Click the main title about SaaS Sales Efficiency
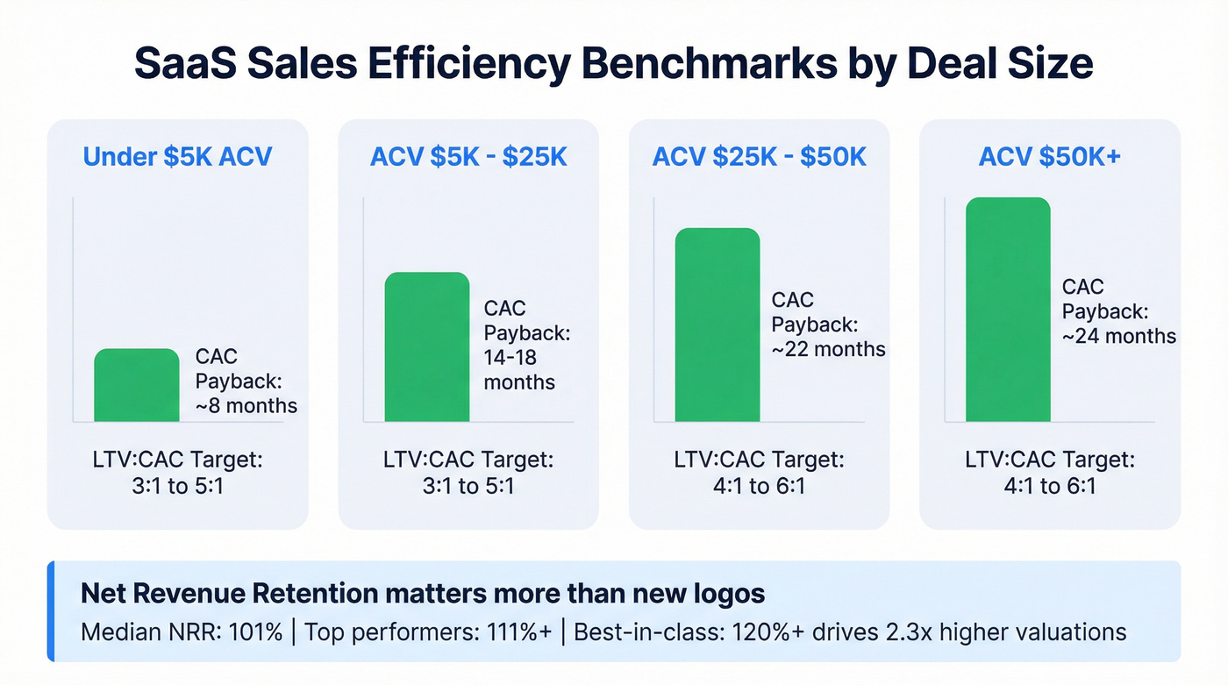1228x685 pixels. click(614, 65)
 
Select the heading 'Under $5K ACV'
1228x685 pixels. click(177, 157)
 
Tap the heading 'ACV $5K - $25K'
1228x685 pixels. click(468, 157)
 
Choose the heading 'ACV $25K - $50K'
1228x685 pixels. click(759, 157)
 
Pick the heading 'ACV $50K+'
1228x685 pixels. click(1049, 157)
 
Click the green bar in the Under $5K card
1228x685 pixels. click(137, 386)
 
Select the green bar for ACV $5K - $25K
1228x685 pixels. click(427, 347)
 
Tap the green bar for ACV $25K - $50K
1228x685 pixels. click(718, 325)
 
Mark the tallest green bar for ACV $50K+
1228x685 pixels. click(1008, 310)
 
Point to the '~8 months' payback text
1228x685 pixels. click(246, 406)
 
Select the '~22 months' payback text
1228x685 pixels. click(828, 349)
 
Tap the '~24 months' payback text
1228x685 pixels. click(1118, 336)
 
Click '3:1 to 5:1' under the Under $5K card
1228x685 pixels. click(177, 486)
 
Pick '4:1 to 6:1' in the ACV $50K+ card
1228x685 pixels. click(1050, 486)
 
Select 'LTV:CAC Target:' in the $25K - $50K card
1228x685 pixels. click(759, 460)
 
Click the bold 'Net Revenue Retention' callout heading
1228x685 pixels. click(422, 594)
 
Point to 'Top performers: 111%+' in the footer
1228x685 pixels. click(432, 631)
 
